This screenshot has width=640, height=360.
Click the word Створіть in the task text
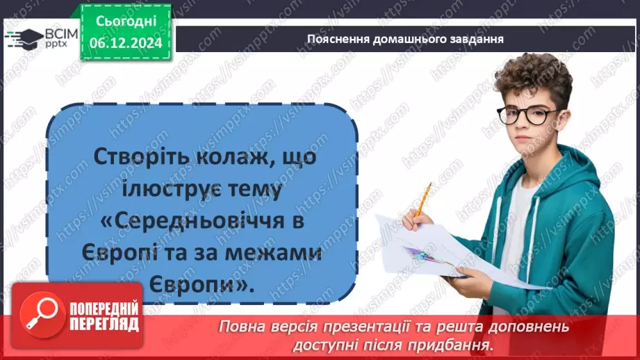click(134, 157)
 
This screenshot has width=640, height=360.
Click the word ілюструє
click(169, 189)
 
